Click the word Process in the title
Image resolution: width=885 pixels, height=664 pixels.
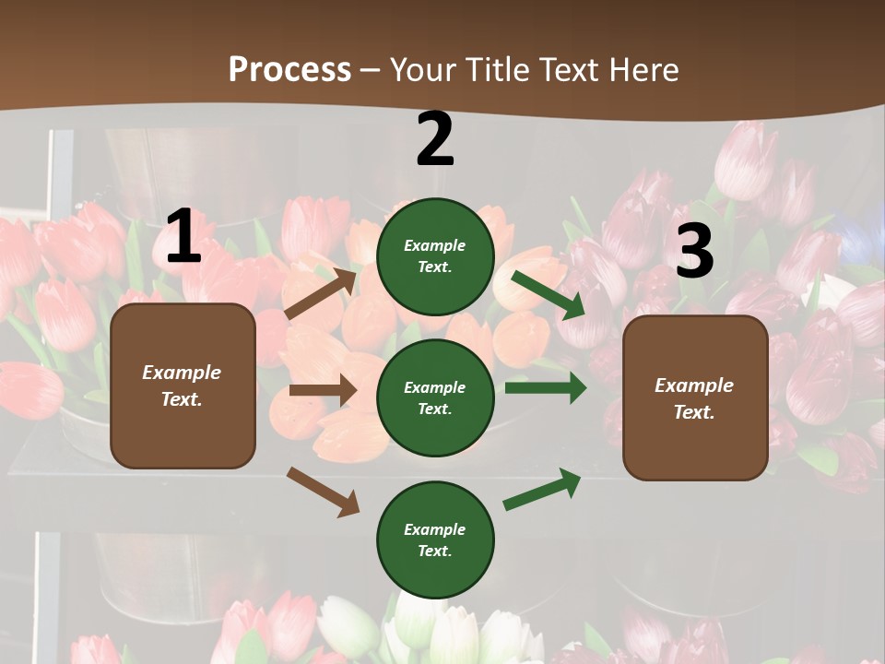289,69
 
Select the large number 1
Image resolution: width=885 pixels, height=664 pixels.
183,237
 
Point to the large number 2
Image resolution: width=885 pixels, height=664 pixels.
435,139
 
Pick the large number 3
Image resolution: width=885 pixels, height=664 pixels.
694,251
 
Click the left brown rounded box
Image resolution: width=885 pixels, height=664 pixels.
183,385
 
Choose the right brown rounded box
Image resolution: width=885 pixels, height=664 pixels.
695,398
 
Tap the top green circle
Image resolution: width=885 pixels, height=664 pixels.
435,256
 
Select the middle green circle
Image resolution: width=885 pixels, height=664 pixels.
435,398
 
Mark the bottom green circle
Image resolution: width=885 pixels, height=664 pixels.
435,540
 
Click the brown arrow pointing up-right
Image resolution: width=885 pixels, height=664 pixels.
322,293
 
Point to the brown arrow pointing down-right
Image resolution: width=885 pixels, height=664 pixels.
323,492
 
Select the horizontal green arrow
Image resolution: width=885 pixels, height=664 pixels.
546,388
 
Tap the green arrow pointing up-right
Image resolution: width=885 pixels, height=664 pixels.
542,489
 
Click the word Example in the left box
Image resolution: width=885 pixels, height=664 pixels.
182,373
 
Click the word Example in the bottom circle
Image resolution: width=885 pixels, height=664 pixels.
435,529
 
